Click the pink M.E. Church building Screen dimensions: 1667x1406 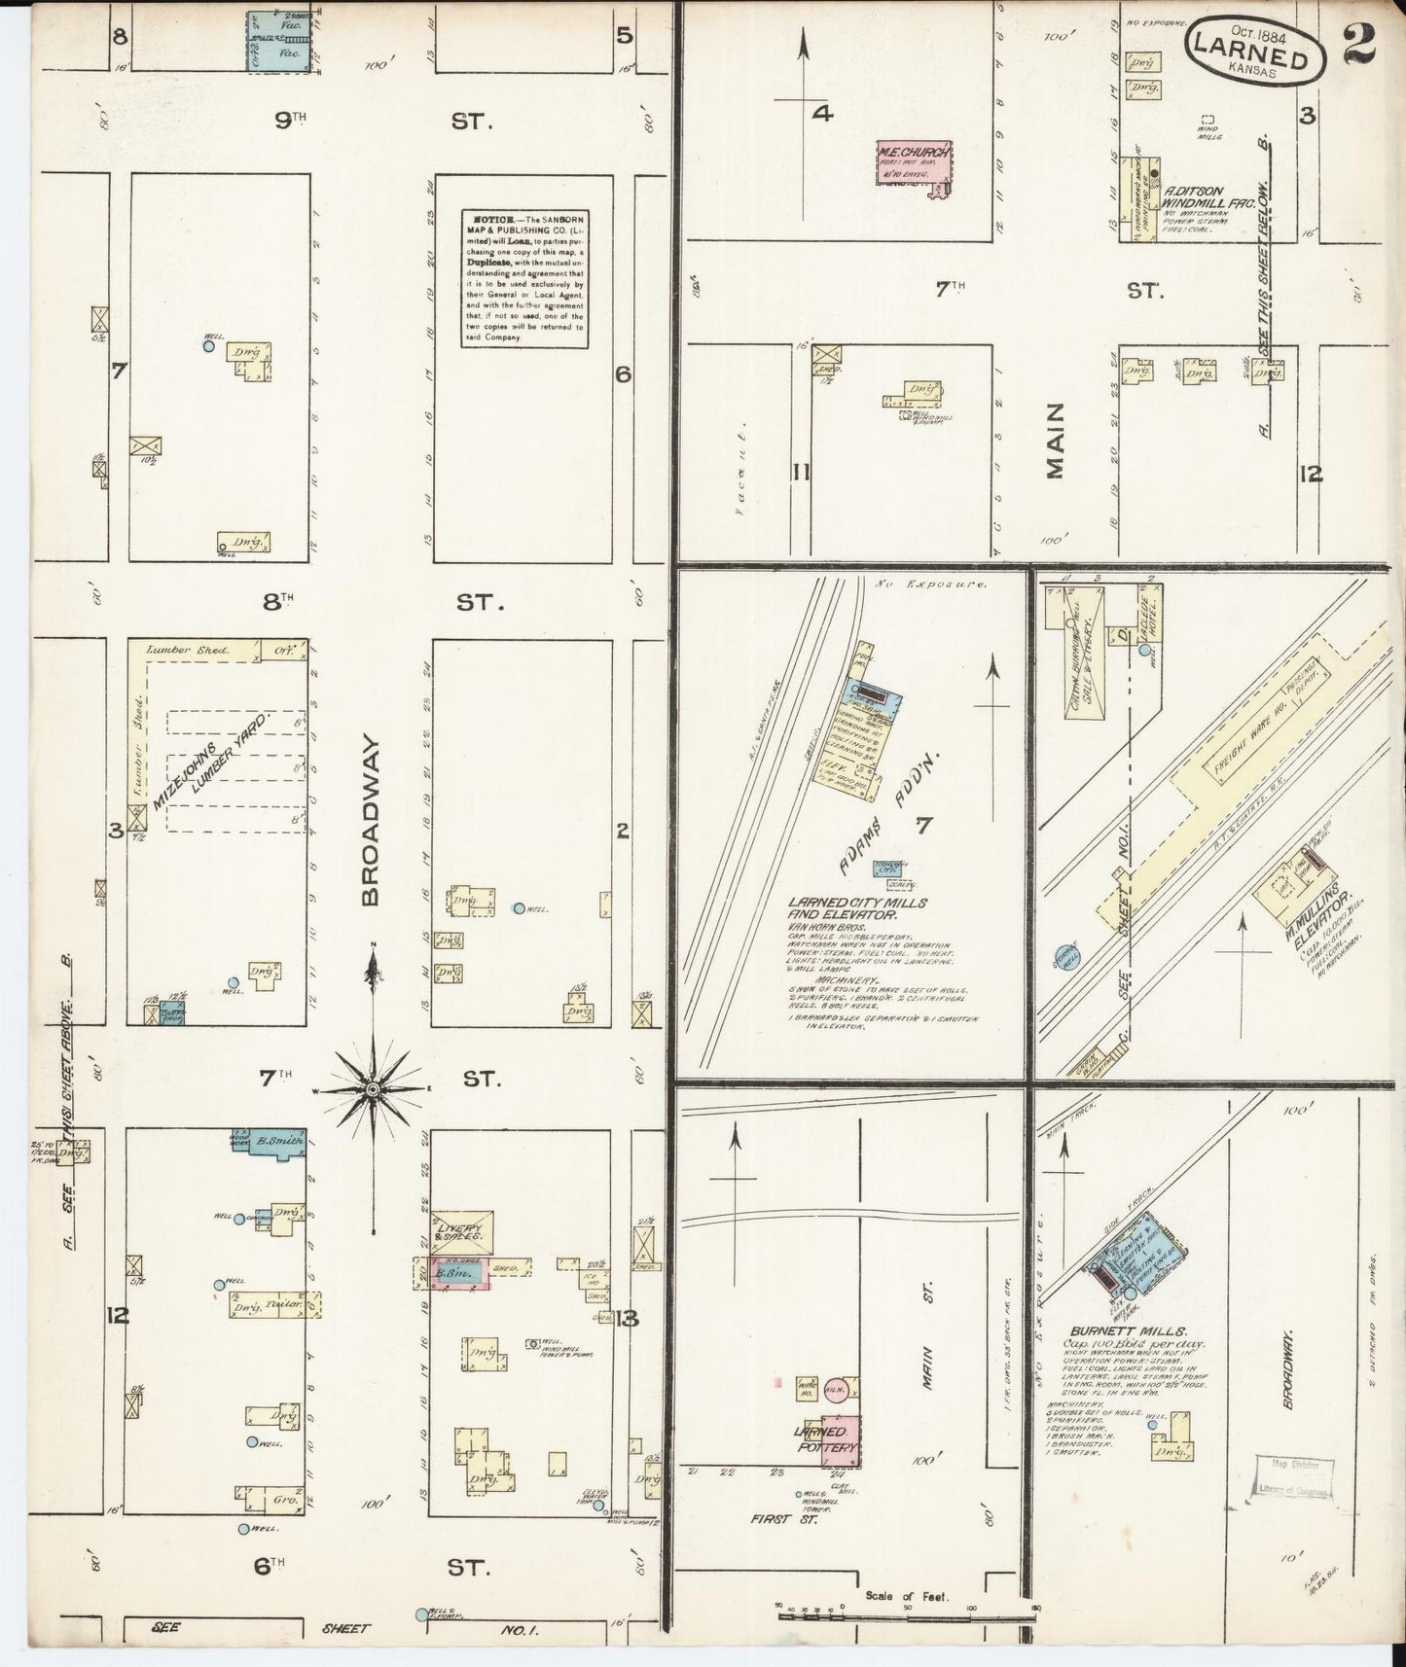coord(913,162)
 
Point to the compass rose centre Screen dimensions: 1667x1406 coord(372,1091)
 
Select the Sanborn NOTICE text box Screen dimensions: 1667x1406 coord(524,279)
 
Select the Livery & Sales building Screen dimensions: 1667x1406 coord(460,1232)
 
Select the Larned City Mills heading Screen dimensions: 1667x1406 coord(857,908)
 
